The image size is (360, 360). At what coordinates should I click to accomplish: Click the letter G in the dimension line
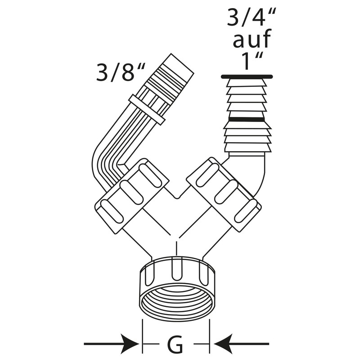[175, 345]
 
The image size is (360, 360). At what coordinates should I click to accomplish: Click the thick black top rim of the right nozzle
[247, 76]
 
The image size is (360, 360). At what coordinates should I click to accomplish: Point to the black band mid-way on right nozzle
[246, 119]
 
